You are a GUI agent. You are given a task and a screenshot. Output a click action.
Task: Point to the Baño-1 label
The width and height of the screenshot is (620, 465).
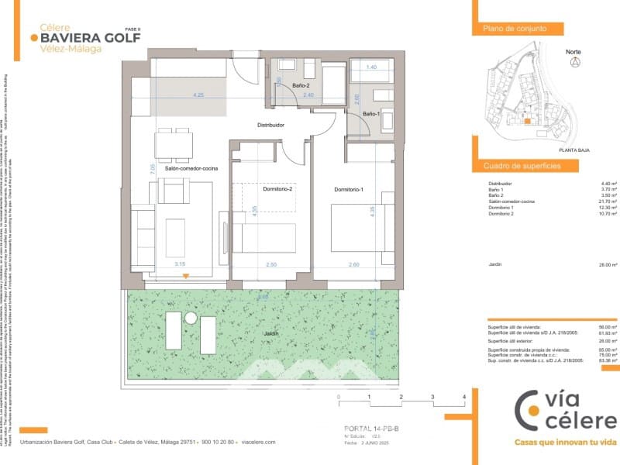pyautogui.click(x=369, y=115)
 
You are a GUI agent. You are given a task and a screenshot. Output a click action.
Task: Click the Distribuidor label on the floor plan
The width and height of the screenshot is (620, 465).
pyautogui.click(x=272, y=125)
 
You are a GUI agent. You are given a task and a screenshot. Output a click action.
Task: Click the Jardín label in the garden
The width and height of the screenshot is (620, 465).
pyautogui.click(x=270, y=335)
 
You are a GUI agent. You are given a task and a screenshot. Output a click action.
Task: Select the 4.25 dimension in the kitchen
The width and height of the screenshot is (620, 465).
pyautogui.click(x=199, y=95)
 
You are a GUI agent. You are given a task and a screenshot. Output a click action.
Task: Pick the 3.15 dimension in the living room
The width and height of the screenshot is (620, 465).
pyautogui.click(x=180, y=264)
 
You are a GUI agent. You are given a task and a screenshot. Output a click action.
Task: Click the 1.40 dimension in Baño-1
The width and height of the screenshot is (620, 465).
pyautogui.click(x=371, y=67)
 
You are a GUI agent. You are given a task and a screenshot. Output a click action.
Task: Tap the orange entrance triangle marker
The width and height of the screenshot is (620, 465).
pyautogui.click(x=186, y=275)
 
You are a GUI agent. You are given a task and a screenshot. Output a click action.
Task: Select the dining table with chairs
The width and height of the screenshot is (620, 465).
pyautogui.click(x=174, y=143)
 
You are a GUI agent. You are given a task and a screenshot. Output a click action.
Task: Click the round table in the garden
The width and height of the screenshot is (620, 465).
pyautogui.click(x=190, y=319)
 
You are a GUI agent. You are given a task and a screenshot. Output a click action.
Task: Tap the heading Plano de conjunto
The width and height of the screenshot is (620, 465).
pyautogui.click(x=515, y=29)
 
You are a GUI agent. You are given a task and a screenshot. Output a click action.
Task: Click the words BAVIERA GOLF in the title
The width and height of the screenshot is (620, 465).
pyautogui.click(x=90, y=36)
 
